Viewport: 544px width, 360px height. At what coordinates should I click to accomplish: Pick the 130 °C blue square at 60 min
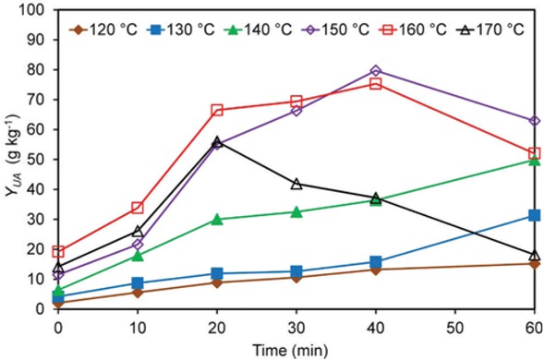pyautogui.click(x=534, y=215)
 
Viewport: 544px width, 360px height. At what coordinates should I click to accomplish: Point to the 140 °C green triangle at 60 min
pyautogui.click(x=534, y=160)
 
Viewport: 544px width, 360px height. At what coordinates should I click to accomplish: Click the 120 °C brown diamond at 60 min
pyautogui.click(x=534, y=263)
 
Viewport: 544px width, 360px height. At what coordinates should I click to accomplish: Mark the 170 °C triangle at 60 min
pyautogui.click(x=534, y=255)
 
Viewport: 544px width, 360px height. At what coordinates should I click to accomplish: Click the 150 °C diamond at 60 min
pyautogui.click(x=534, y=121)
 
